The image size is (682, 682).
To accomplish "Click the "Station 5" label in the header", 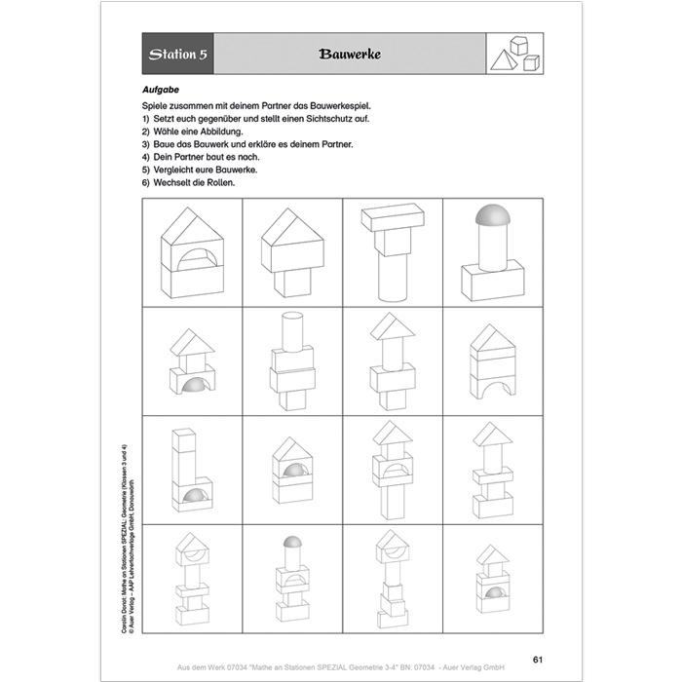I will (176, 55).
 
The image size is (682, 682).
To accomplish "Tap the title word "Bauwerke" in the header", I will (349, 55).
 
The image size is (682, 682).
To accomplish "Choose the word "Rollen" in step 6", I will (220, 182).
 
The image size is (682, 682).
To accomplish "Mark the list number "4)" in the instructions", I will (145, 156).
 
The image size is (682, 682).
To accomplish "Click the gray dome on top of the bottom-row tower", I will (292, 542).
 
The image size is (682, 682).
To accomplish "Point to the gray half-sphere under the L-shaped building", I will (196, 497).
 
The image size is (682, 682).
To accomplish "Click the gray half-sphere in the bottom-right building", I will (495, 593).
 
